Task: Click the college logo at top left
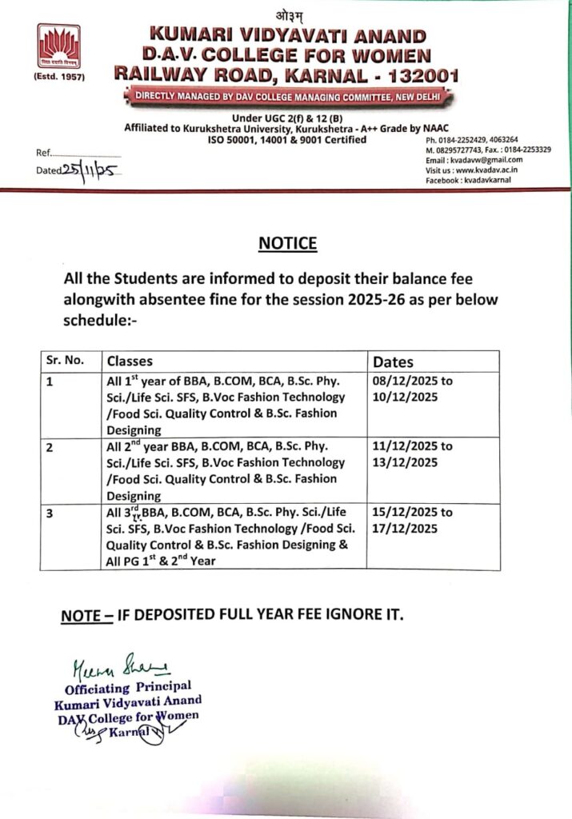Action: click(59, 46)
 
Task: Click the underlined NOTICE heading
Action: click(287, 244)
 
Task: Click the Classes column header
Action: click(130, 361)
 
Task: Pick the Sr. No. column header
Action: click(65, 361)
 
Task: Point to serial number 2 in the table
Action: click(50, 448)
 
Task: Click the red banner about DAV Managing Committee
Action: click(287, 98)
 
